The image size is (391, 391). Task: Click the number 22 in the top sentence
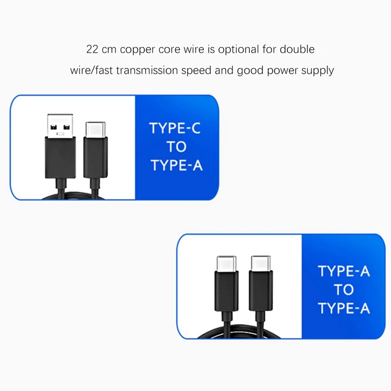[x=92, y=49]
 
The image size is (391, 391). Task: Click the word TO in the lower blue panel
[x=344, y=290]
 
